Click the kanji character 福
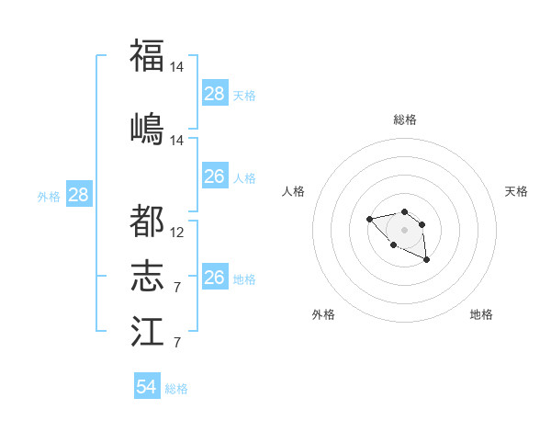(147, 56)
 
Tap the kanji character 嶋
(147, 128)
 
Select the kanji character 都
(147, 221)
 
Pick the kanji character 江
(147, 331)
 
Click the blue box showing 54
(147, 387)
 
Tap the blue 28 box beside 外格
(78, 195)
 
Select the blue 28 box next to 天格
(214, 94)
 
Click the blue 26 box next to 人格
(214, 176)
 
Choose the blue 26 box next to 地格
(214, 278)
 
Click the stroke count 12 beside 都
(177, 233)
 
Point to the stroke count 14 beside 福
(177, 67)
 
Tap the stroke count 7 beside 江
(176, 343)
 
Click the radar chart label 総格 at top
(404, 119)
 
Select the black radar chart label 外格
(323, 314)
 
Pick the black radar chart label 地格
(481, 314)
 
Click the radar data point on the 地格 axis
(426, 260)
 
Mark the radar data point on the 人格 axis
(369, 219)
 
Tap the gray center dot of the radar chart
(404, 230)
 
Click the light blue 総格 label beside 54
(176, 389)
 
